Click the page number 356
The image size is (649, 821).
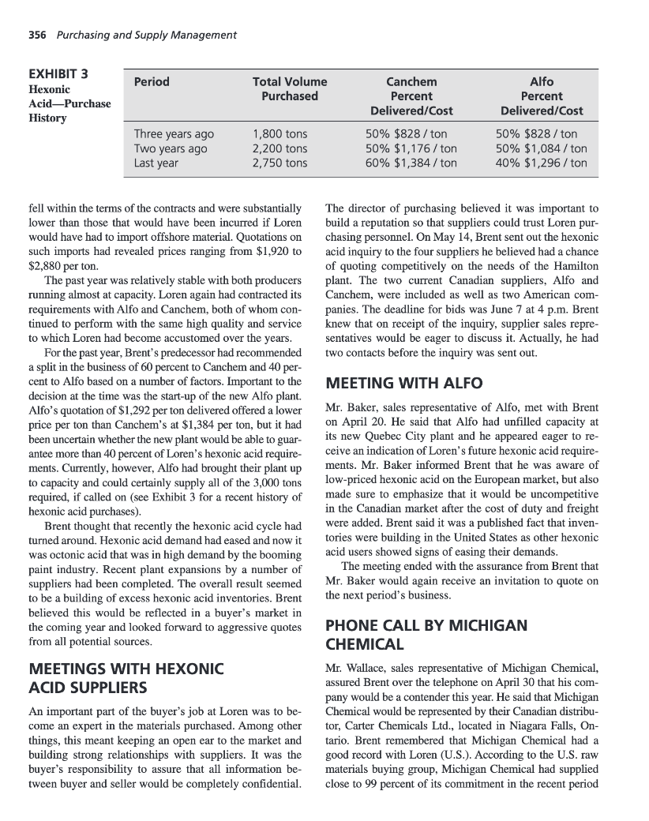pyautogui.click(x=36, y=35)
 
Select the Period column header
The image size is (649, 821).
pyautogui.click(x=152, y=82)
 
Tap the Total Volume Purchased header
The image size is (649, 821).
pyautogui.click(x=290, y=88)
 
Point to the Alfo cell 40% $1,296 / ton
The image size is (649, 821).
pyautogui.click(x=542, y=163)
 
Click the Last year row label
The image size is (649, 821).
pyautogui.click(x=156, y=163)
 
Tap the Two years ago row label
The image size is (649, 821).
pyautogui.click(x=171, y=148)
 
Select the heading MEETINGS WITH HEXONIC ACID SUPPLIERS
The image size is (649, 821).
pyautogui.click(x=126, y=677)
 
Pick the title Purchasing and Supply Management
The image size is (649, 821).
pyautogui.click(x=147, y=35)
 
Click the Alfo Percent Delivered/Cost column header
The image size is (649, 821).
pyautogui.click(x=542, y=96)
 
